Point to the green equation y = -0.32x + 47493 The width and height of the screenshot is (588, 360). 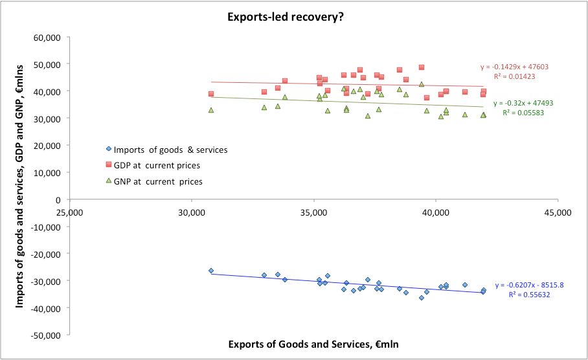pos(523,103)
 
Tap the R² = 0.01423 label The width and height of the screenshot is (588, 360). pos(514,76)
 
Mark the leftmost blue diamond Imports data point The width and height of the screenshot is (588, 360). pos(211,271)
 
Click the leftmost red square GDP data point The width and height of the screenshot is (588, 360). pos(211,94)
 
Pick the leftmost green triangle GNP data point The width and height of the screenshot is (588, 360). pos(211,110)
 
